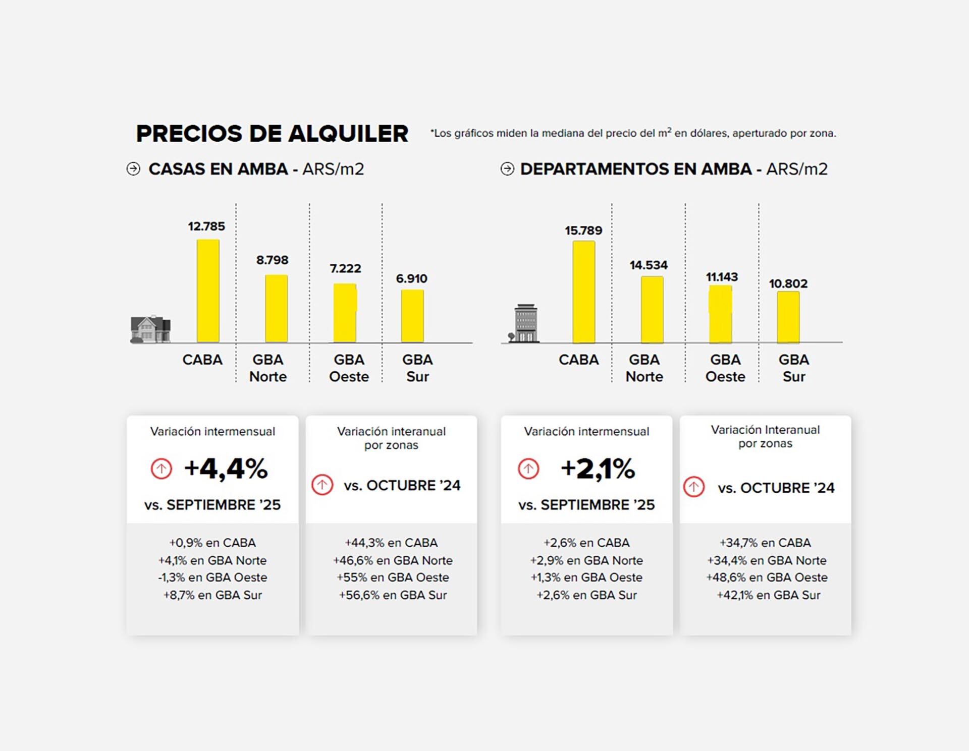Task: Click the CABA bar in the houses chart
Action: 208,291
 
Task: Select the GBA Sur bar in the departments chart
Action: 788,317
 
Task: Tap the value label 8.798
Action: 272,260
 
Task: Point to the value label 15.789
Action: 583,230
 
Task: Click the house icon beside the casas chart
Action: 150,329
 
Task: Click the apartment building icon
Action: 525,324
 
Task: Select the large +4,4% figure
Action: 226,469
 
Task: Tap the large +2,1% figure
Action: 598,469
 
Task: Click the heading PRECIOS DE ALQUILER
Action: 272,134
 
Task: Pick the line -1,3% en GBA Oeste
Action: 212,577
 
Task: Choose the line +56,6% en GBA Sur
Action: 393,595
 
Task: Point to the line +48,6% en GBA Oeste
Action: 767,577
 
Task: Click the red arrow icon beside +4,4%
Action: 161,469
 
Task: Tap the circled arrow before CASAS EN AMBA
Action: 133,169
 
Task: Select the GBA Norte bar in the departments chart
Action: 652,310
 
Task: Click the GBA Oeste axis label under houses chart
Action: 349,368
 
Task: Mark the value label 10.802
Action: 788,284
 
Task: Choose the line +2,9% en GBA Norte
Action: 586,560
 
